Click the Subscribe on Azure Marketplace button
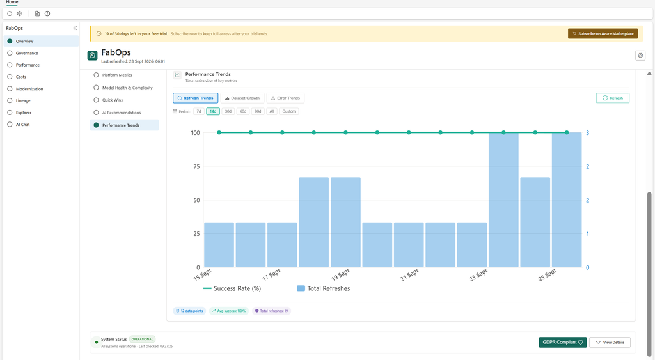pyautogui.click(x=603, y=33)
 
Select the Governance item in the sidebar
pyautogui.click(x=27, y=53)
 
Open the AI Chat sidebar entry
pyautogui.click(x=22, y=125)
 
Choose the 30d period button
pyautogui.click(x=228, y=111)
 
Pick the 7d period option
pyautogui.click(x=199, y=111)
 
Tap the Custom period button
pyautogui.click(x=288, y=111)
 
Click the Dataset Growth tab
pyautogui.click(x=242, y=98)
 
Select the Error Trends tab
pyautogui.click(x=285, y=98)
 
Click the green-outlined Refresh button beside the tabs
pyautogui.click(x=612, y=98)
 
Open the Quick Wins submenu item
pyautogui.click(x=113, y=100)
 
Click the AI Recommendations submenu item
pyautogui.click(x=121, y=113)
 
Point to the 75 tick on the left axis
pyautogui.click(x=196, y=167)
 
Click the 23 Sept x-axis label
pyautogui.click(x=478, y=275)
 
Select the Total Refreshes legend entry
pyautogui.click(x=323, y=288)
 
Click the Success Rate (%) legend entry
pyautogui.click(x=232, y=288)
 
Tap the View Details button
pyautogui.click(x=610, y=343)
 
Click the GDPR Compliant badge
pyautogui.click(x=563, y=343)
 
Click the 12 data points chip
pyautogui.click(x=189, y=311)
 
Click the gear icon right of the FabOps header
pyautogui.click(x=640, y=55)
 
